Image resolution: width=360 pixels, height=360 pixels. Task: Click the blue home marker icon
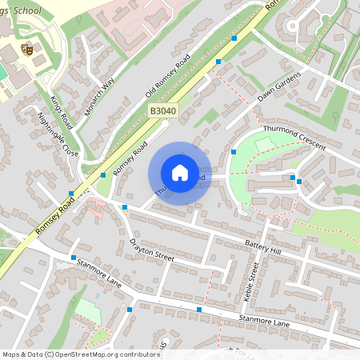click(180, 173)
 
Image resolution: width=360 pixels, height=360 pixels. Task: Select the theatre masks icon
click(26, 49)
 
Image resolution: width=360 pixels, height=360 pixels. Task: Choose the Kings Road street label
click(62, 114)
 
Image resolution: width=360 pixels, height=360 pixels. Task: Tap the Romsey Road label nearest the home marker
click(131, 158)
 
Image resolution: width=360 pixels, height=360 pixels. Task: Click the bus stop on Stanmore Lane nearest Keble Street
click(198, 309)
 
